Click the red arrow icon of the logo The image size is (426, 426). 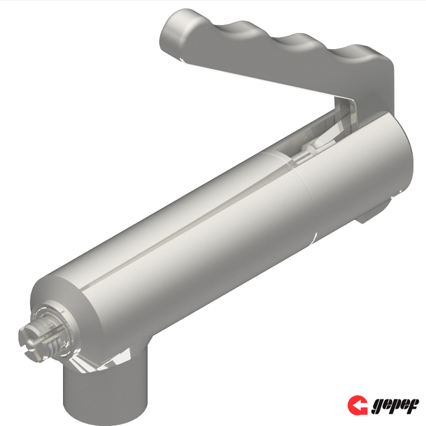coord(357,406)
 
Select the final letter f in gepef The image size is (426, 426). coord(413,406)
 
